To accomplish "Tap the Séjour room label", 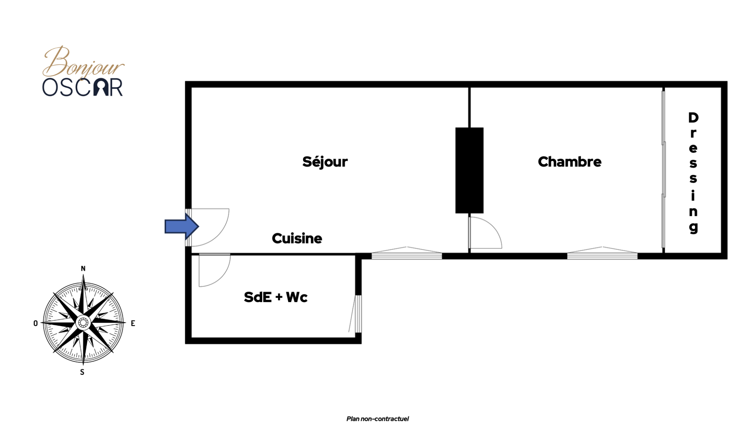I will point(325,162).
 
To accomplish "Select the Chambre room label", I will point(570,162).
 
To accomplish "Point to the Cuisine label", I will point(297,239).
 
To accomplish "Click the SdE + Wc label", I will point(275,297).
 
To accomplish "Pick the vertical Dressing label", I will point(693,172).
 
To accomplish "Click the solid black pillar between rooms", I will point(469,170).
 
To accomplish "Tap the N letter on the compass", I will point(83,269).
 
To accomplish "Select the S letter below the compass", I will point(82,372).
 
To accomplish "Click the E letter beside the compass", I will point(133,324).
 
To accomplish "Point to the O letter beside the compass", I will point(35,324).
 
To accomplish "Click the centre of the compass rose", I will point(83,323).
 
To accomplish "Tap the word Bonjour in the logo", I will point(83,63).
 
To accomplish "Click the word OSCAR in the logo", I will point(82,88).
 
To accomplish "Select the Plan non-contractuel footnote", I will point(377,419).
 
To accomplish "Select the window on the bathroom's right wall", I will point(358,314).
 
